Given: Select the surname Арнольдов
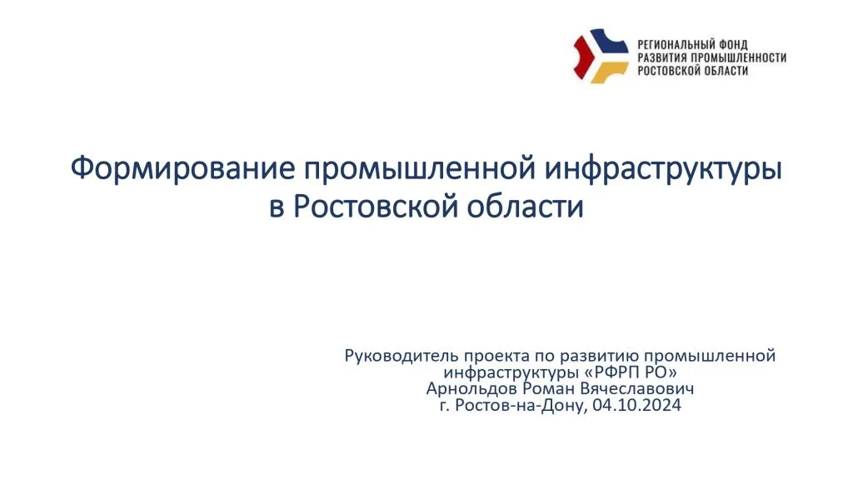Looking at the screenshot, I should tap(471, 389).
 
